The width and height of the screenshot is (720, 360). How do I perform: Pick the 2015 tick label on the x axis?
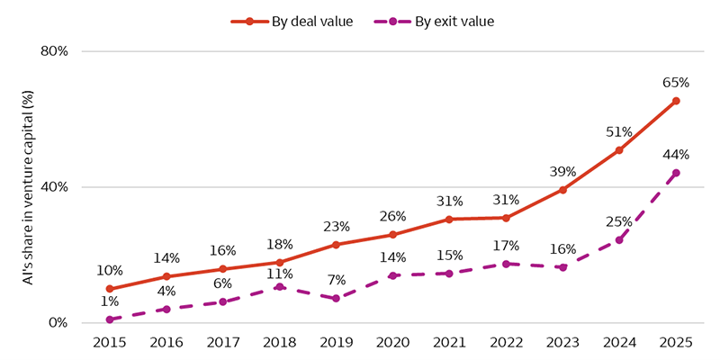click(x=109, y=343)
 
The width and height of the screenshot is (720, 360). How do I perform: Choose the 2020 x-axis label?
click(x=392, y=343)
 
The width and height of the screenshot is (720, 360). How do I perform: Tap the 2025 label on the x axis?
click(x=676, y=343)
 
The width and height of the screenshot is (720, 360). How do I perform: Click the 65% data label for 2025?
click(x=676, y=82)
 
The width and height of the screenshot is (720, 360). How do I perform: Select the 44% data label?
click(x=676, y=154)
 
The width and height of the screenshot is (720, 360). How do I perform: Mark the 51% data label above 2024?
click(x=619, y=130)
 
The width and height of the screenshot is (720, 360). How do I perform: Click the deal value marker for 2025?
click(x=676, y=101)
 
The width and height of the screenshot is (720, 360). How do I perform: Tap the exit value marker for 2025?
click(x=676, y=173)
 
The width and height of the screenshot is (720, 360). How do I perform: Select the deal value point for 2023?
click(x=562, y=190)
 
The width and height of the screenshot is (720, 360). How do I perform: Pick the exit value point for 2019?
click(x=336, y=298)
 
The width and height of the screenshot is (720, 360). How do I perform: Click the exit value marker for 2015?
click(x=109, y=319)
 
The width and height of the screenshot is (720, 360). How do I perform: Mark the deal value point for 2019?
click(x=336, y=245)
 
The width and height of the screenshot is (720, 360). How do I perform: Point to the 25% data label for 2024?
click(x=619, y=221)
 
